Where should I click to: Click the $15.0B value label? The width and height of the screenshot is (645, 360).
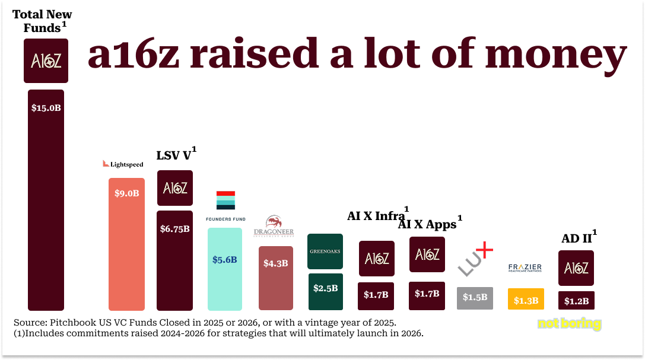click(x=46, y=109)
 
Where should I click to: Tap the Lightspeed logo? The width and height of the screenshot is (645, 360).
click(x=123, y=164)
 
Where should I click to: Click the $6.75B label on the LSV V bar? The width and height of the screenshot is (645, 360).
click(x=174, y=229)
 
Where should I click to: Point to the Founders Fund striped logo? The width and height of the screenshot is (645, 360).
click(x=225, y=200)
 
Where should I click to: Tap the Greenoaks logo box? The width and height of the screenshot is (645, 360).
click(x=325, y=251)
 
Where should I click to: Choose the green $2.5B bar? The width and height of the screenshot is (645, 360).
click(x=325, y=291)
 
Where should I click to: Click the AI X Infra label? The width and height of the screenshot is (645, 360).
click(x=376, y=216)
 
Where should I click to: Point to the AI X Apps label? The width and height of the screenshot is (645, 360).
click(x=427, y=224)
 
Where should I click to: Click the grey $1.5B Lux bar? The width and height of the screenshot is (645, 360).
click(x=475, y=297)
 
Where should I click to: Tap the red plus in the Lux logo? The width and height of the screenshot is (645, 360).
click(x=484, y=251)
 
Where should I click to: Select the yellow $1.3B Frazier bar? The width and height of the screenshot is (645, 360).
click(x=526, y=300)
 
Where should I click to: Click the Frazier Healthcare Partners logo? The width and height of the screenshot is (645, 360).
click(x=525, y=268)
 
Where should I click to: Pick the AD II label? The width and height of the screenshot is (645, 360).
click(x=577, y=238)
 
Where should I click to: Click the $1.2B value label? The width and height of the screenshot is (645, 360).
click(x=576, y=301)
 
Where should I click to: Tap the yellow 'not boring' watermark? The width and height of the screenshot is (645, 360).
click(x=569, y=324)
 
